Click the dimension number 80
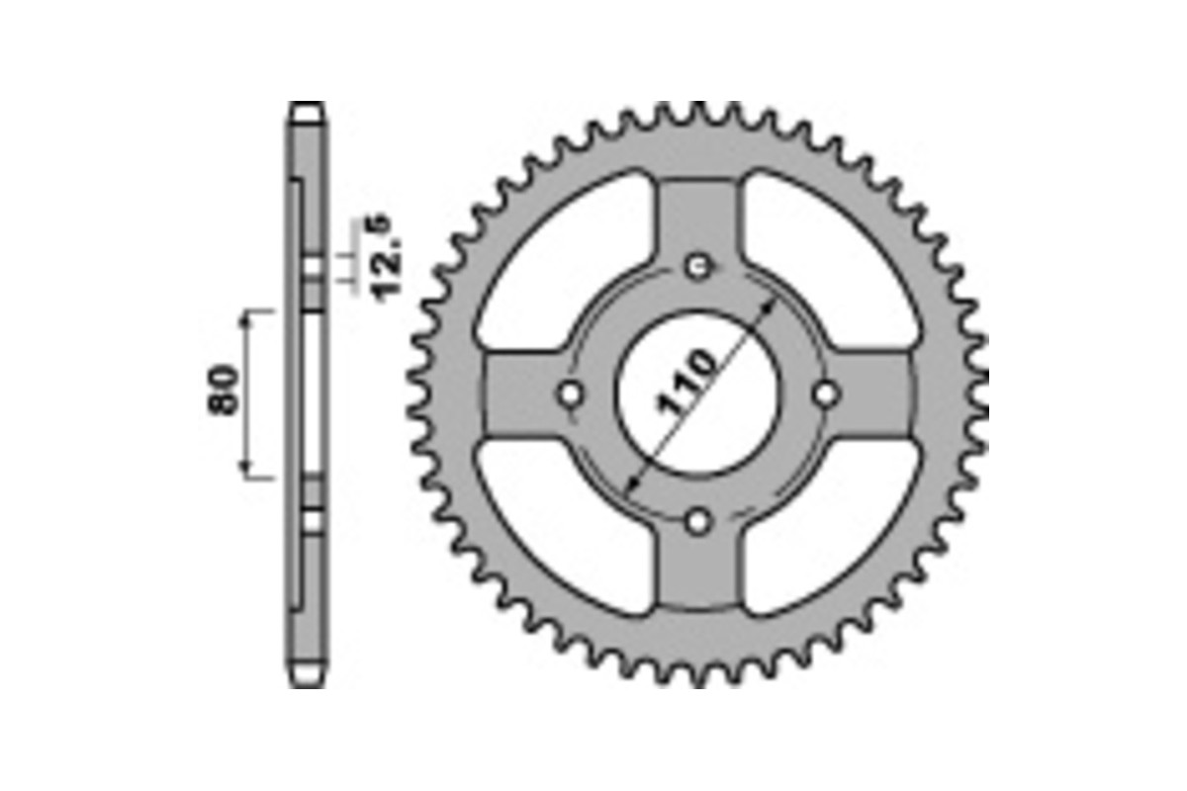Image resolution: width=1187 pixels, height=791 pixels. [226, 390]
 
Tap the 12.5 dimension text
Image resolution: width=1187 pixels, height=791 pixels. [388, 255]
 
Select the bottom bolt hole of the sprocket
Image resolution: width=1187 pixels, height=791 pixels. [699, 521]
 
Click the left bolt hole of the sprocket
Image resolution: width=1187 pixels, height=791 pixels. [571, 394]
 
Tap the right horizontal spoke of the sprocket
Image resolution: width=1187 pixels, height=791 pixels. [875, 394]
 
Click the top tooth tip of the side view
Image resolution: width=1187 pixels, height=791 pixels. [306, 108]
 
